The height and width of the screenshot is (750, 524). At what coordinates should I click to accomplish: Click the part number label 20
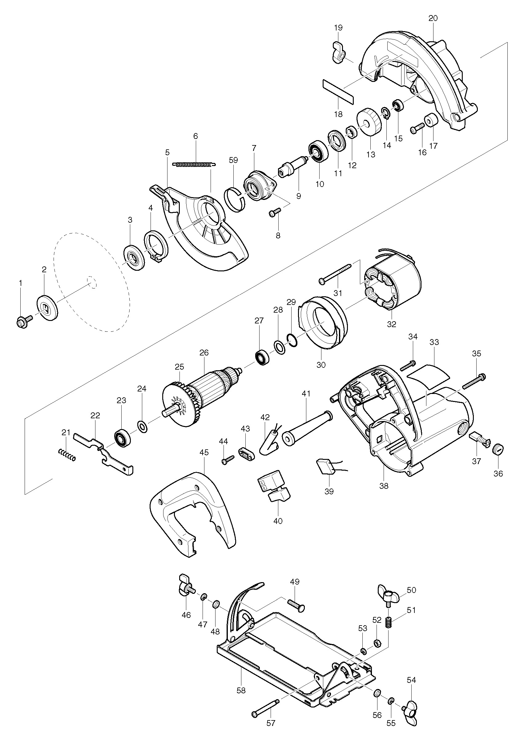433,18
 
